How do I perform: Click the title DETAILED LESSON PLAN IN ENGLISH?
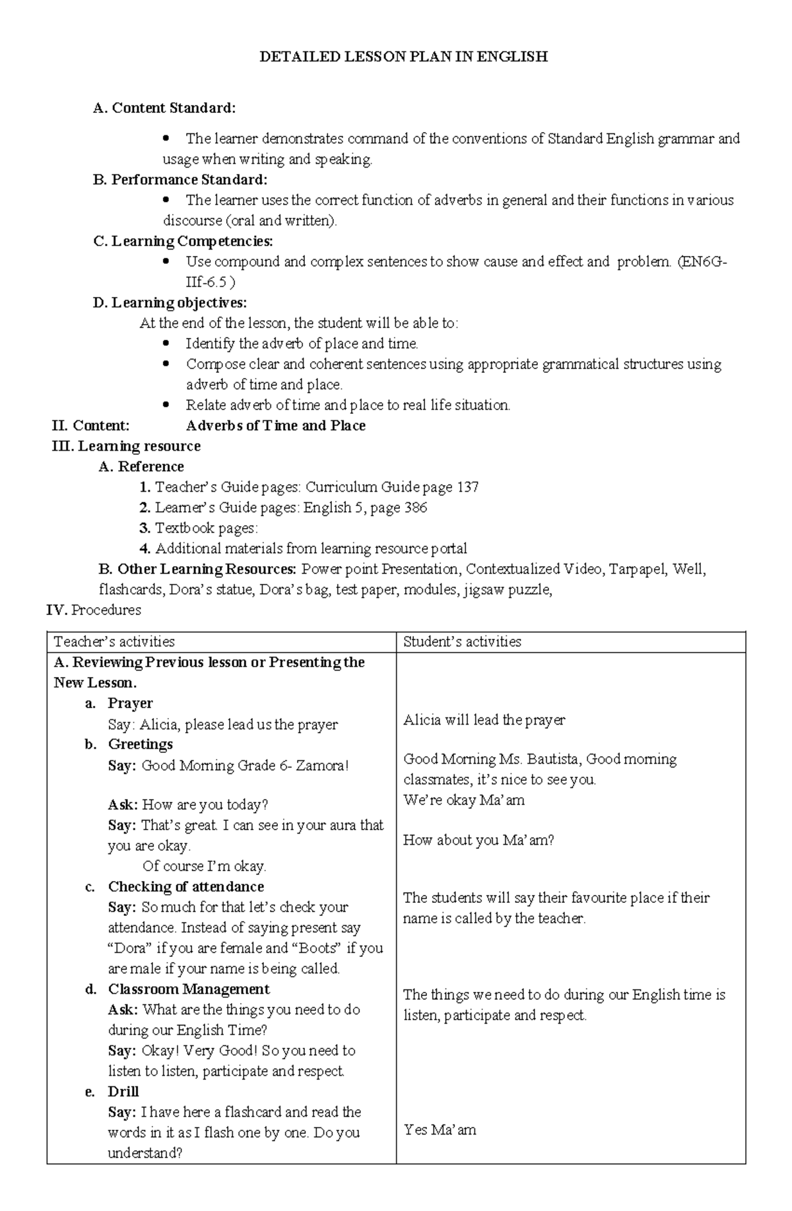click(x=403, y=57)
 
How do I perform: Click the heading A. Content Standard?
click(x=164, y=108)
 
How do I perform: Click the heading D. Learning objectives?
click(x=170, y=303)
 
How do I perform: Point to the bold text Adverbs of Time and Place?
click(x=276, y=426)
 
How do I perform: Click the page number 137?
click(x=467, y=487)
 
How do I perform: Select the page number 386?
click(x=414, y=507)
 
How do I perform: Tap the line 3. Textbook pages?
click(x=199, y=528)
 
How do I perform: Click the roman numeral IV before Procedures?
click(x=57, y=610)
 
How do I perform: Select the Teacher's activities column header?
click(x=114, y=641)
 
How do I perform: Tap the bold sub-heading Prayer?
click(x=130, y=703)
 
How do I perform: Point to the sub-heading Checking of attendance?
click(x=185, y=886)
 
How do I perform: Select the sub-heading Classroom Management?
click(x=189, y=989)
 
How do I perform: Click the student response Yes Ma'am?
click(x=440, y=1130)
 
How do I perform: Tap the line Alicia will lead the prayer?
click(x=484, y=720)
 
